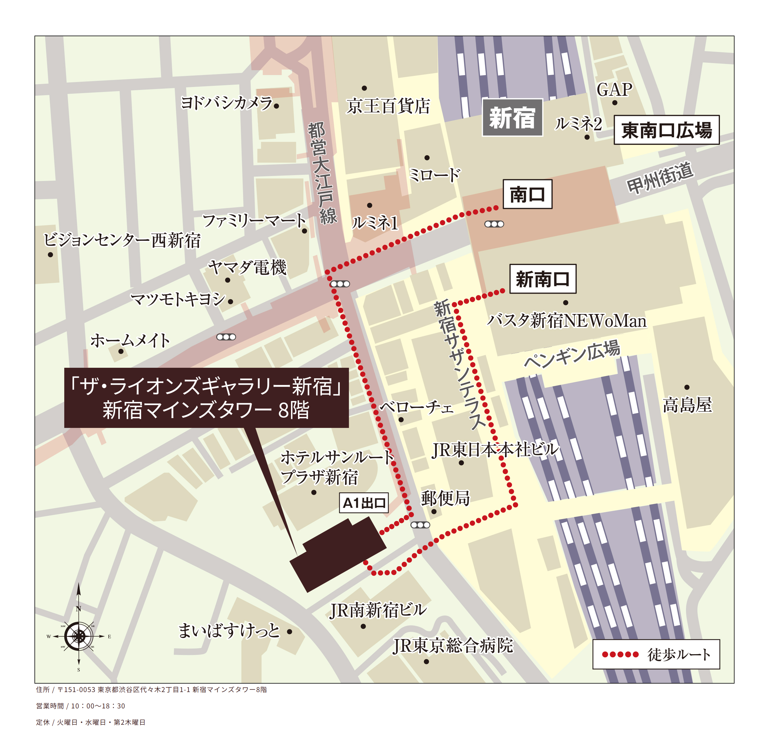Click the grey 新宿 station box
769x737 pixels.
(x=512, y=118)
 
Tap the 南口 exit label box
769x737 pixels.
(x=527, y=194)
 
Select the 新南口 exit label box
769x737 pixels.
(x=543, y=279)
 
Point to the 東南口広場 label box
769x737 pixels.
(x=666, y=130)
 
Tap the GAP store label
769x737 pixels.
(x=614, y=90)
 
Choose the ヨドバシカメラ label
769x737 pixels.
(x=226, y=103)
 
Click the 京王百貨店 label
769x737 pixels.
(x=388, y=106)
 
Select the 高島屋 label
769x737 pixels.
(x=687, y=405)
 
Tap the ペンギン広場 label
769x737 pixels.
(x=572, y=354)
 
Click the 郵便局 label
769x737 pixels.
(x=445, y=498)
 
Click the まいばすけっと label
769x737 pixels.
(x=229, y=631)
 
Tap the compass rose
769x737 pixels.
(x=79, y=636)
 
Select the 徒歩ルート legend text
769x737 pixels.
(x=679, y=655)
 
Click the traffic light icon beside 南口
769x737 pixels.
(x=494, y=224)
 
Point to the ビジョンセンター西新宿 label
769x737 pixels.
(x=122, y=240)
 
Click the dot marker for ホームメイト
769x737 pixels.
(x=121, y=351)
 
